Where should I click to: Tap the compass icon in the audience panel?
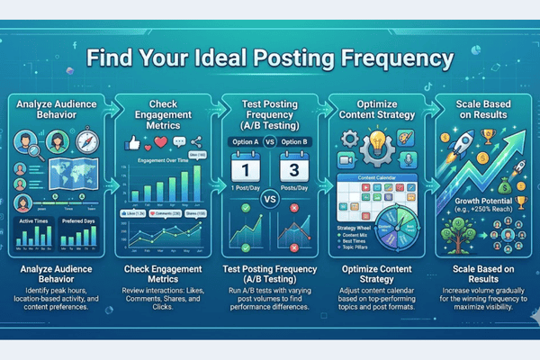(x=84, y=144)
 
